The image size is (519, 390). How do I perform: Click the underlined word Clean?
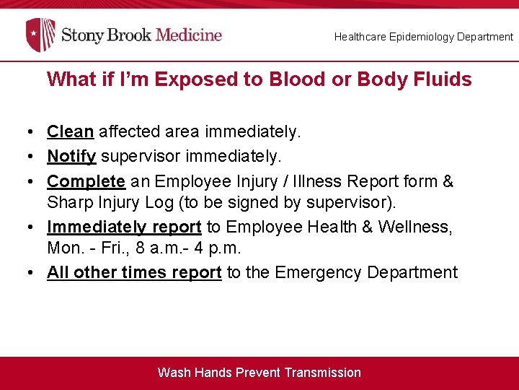tap(70, 131)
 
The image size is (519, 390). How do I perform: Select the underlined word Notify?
tap(71, 156)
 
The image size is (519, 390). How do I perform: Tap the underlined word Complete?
tap(86, 181)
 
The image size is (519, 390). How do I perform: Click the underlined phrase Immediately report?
tap(124, 227)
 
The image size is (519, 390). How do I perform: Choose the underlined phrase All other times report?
tap(134, 272)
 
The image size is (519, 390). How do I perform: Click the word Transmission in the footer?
tap(322, 373)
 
